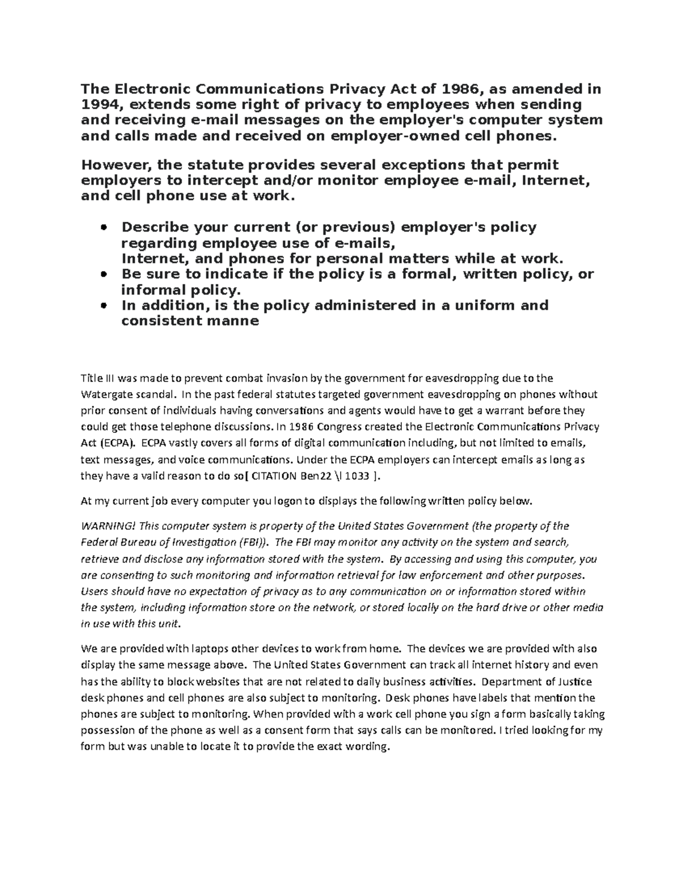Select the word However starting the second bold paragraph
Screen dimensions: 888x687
coord(116,165)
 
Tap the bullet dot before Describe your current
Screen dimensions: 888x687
coord(104,228)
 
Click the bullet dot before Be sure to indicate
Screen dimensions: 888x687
coord(104,274)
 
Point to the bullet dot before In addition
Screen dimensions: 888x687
coord(104,306)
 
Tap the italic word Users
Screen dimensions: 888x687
coord(94,591)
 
